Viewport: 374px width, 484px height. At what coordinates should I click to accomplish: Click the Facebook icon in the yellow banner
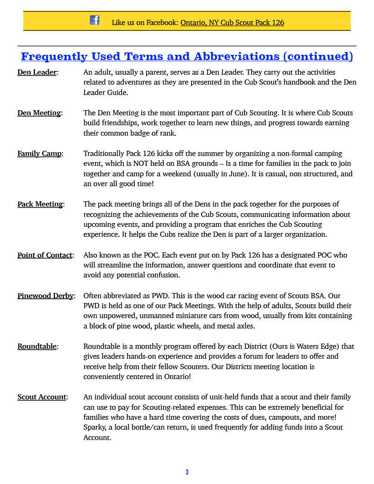tap(95, 20)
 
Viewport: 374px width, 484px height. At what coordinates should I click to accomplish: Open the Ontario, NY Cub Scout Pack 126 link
tap(232, 22)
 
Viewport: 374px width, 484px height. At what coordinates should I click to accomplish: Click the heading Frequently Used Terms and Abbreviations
tap(187, 57)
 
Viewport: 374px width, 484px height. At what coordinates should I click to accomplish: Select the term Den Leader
tap(37, 72)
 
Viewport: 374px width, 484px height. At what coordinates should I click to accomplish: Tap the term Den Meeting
tap(39, 113)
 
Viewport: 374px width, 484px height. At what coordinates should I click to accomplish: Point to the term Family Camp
tap(39, 154)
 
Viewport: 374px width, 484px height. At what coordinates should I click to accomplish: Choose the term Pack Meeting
tap(40, 204)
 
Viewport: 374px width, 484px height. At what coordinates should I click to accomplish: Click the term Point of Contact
tap(45, 255)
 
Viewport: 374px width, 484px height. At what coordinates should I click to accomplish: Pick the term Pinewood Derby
tap(45, 296)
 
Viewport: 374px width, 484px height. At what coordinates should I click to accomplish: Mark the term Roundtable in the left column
tap(37, 346)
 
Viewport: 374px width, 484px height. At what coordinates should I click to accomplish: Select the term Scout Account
tap(42, 397)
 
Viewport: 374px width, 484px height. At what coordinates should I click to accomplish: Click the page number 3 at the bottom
tap(187, 472)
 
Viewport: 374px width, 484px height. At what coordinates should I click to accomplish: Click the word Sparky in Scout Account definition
tap(95, 427)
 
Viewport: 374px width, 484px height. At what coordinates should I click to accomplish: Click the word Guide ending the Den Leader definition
tap(117, 93)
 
